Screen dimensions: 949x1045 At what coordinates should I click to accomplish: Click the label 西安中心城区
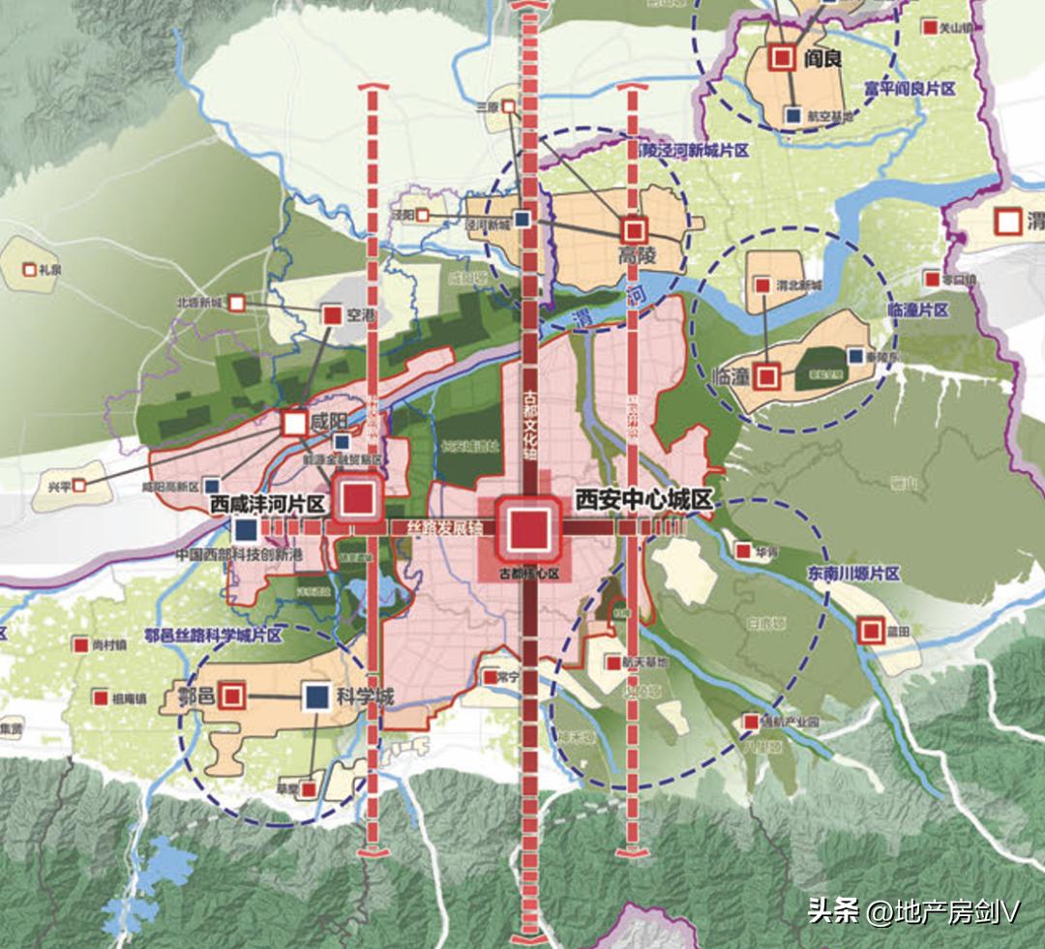click(x=643, y=500)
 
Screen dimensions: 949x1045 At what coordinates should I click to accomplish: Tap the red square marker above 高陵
click(x=635, y=230)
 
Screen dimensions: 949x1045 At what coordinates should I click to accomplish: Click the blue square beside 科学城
click(x=315, y=696)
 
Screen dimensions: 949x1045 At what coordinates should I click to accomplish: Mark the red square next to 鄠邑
click(x=231, y=695)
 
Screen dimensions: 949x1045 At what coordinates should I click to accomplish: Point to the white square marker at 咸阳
click(x=294, y=423)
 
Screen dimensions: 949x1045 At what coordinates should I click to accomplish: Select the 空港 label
click(x=360, y=314)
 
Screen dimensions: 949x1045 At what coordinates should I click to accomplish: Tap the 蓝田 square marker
click(x=869, y=632)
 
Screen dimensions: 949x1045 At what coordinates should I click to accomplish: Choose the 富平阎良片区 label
click(x=910, y=88)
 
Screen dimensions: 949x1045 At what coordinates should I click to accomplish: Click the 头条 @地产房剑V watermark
click(x=914, y=911)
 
